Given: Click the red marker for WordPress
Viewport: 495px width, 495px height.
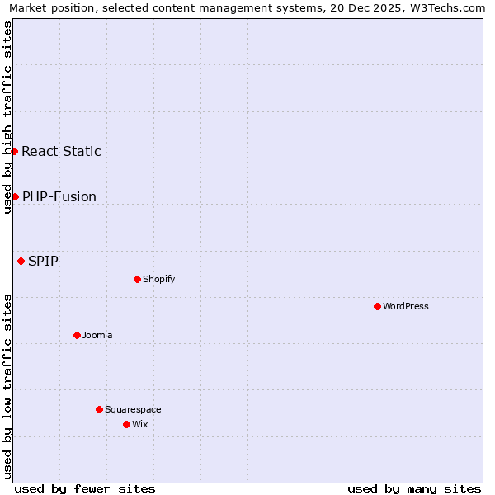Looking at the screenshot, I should [377, 306].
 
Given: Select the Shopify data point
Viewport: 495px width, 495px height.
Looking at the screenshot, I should [137, 279].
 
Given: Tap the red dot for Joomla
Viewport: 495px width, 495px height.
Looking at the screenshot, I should [77, 335].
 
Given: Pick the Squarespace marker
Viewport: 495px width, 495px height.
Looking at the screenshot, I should [99, 409].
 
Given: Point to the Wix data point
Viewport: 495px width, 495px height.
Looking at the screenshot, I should [126, 424].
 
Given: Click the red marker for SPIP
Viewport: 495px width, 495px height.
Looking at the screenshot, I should [21, 261].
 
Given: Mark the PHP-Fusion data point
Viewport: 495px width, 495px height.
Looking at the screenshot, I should [15, 196].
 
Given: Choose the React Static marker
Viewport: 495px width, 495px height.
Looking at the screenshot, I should [14, 151].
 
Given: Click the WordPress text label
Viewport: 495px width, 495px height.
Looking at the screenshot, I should [406, 306].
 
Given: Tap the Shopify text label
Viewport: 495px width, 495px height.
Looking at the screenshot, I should [159, 279].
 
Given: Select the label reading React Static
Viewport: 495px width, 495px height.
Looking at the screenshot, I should [61, 151].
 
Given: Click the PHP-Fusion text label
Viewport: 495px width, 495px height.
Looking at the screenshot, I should [59, 196].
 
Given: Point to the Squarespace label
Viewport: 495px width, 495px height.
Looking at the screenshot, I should [133, 409].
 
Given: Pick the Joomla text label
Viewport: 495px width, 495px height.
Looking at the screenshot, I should [97, 335].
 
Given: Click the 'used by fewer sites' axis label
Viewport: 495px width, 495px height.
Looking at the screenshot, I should [85, 488].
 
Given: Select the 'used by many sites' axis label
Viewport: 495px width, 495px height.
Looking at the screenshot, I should [414, 488].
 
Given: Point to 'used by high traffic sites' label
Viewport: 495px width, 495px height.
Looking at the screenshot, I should [7, 117].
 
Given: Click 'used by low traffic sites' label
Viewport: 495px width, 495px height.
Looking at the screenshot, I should [7, 386].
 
